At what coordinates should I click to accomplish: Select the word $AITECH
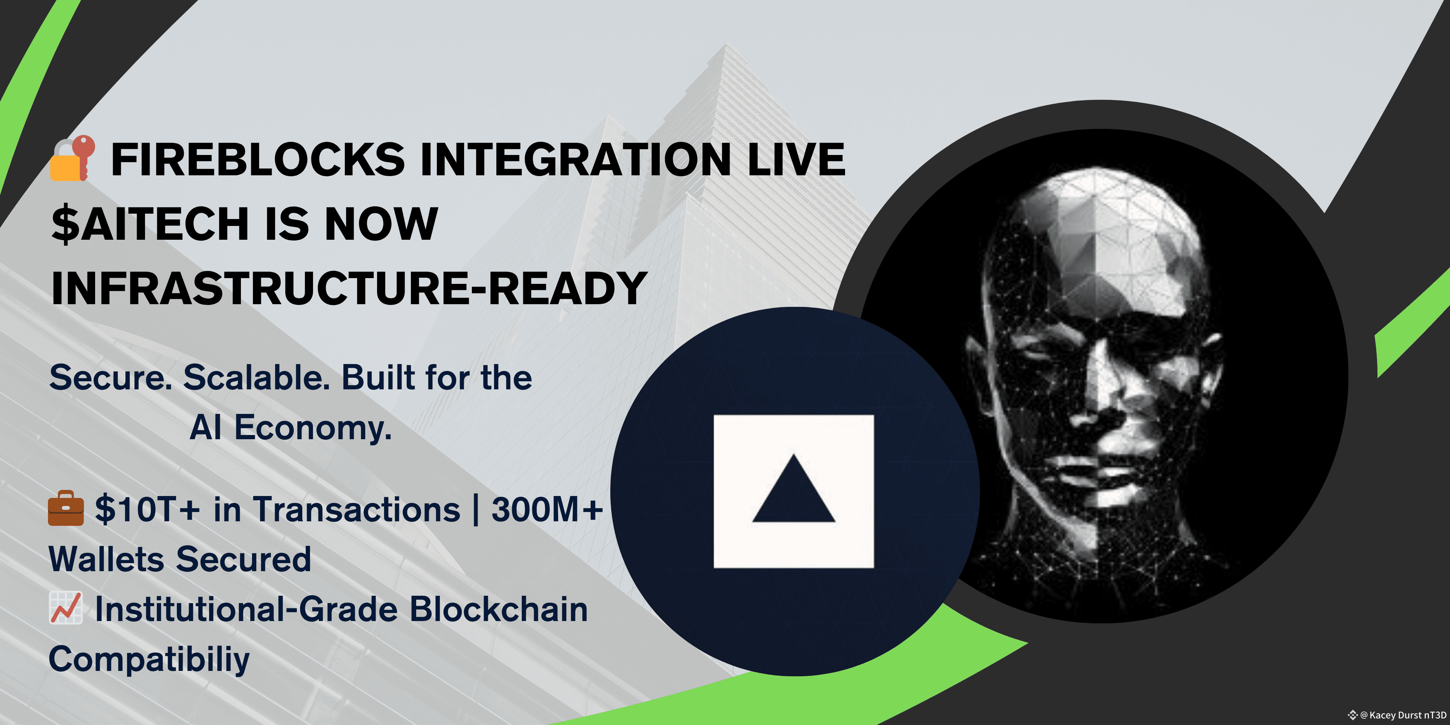pyautogui.click(x=150, y=224)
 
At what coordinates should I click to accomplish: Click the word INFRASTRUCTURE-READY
pyautogui.click(x=349, y=288)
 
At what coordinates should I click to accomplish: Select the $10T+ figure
pyautogui.click(x=147, y=509)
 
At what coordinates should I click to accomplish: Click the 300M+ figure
pyautogui.click(x=547, y=509)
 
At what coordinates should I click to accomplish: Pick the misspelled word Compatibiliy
pyautogui.click(x=149, y=660)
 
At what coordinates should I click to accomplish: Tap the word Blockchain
pyautogui.click(x=498, y=610)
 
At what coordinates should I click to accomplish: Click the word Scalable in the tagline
pyautogui.click(x=257, y=377)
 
